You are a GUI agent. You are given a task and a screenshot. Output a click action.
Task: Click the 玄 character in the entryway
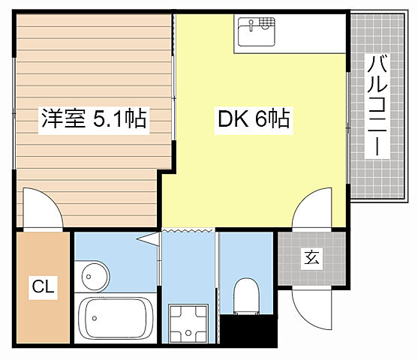pos(311,259)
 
